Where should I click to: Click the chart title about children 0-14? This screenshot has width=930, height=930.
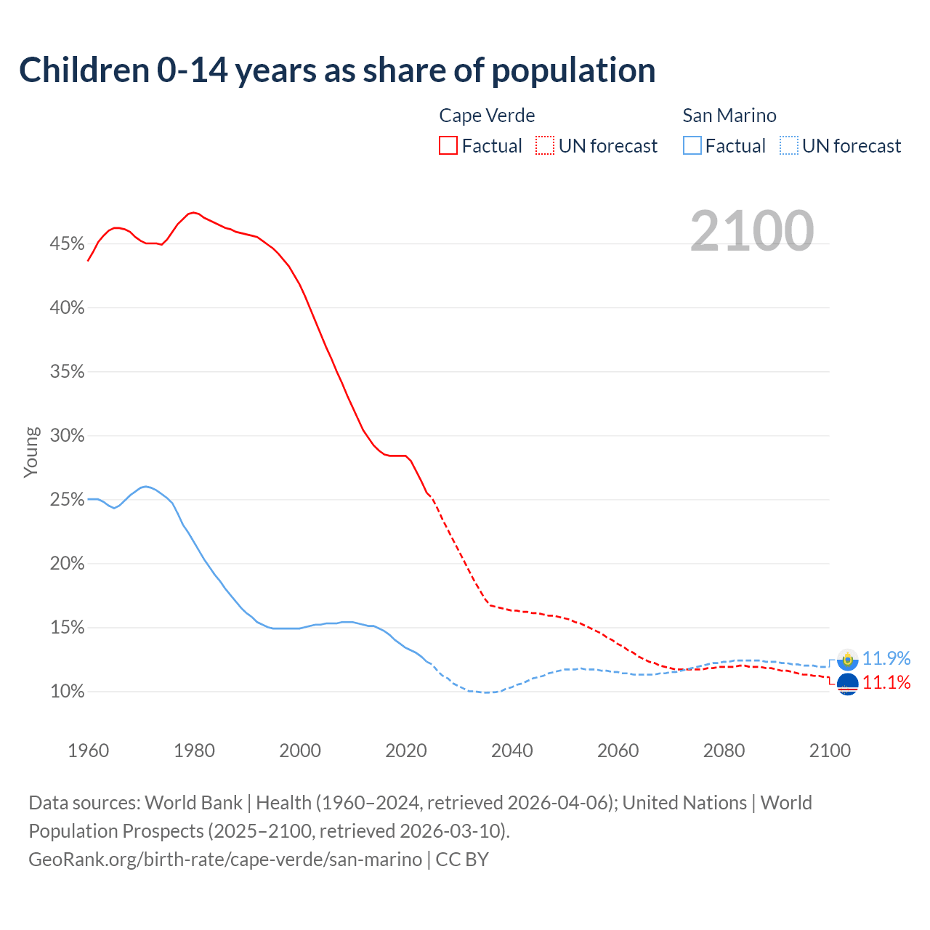(x=337, y=70)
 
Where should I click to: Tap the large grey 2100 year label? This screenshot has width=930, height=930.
(x=751, y=231)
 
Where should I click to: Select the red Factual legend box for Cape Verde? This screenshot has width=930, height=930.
(x=448, y=146)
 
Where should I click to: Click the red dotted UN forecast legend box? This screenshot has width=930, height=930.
(x=545, y=146)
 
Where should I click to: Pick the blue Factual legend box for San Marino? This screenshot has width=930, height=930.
(x=692, y=146)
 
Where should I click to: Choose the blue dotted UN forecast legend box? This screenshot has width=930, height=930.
(x=789, y=146)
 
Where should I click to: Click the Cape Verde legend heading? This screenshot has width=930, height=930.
(x=487, y=116)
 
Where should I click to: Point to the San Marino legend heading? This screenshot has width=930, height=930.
(x=729, y=116)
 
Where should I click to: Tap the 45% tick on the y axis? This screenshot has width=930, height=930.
(x=67, y=244)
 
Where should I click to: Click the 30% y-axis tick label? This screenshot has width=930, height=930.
(x=67, y=436)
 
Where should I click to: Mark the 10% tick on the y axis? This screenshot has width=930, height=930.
(x=67, y=692)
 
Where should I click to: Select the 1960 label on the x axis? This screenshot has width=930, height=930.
(x=88, y=751)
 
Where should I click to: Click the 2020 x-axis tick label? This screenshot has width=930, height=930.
(x=405, y=751)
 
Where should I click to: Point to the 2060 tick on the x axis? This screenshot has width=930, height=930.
(x=618, y=751)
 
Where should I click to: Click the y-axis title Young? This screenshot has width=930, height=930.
(x=31, y=452)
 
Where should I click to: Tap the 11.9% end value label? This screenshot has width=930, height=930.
(x=886, y=658)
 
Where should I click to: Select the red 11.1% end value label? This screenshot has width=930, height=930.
(x=886, y=682)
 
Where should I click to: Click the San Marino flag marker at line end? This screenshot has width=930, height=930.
(x=847, y=660)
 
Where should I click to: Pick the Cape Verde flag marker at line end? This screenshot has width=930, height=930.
(x=847, y=684)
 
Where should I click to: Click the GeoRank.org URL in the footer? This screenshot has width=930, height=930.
(x=225, y=860)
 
